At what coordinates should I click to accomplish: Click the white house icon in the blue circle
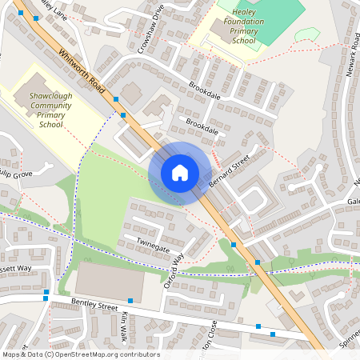[x=180, y=173]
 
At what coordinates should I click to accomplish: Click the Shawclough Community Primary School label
[x=51, y=110]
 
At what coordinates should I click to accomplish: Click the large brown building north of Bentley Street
[x=110, y=282]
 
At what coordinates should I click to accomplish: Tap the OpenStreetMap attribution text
[x=80, y=354]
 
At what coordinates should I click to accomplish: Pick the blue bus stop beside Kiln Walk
[x=130, y=300]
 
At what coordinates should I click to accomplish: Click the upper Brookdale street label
[x=204, y=94]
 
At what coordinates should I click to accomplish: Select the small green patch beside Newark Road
[x=305, y=34]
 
